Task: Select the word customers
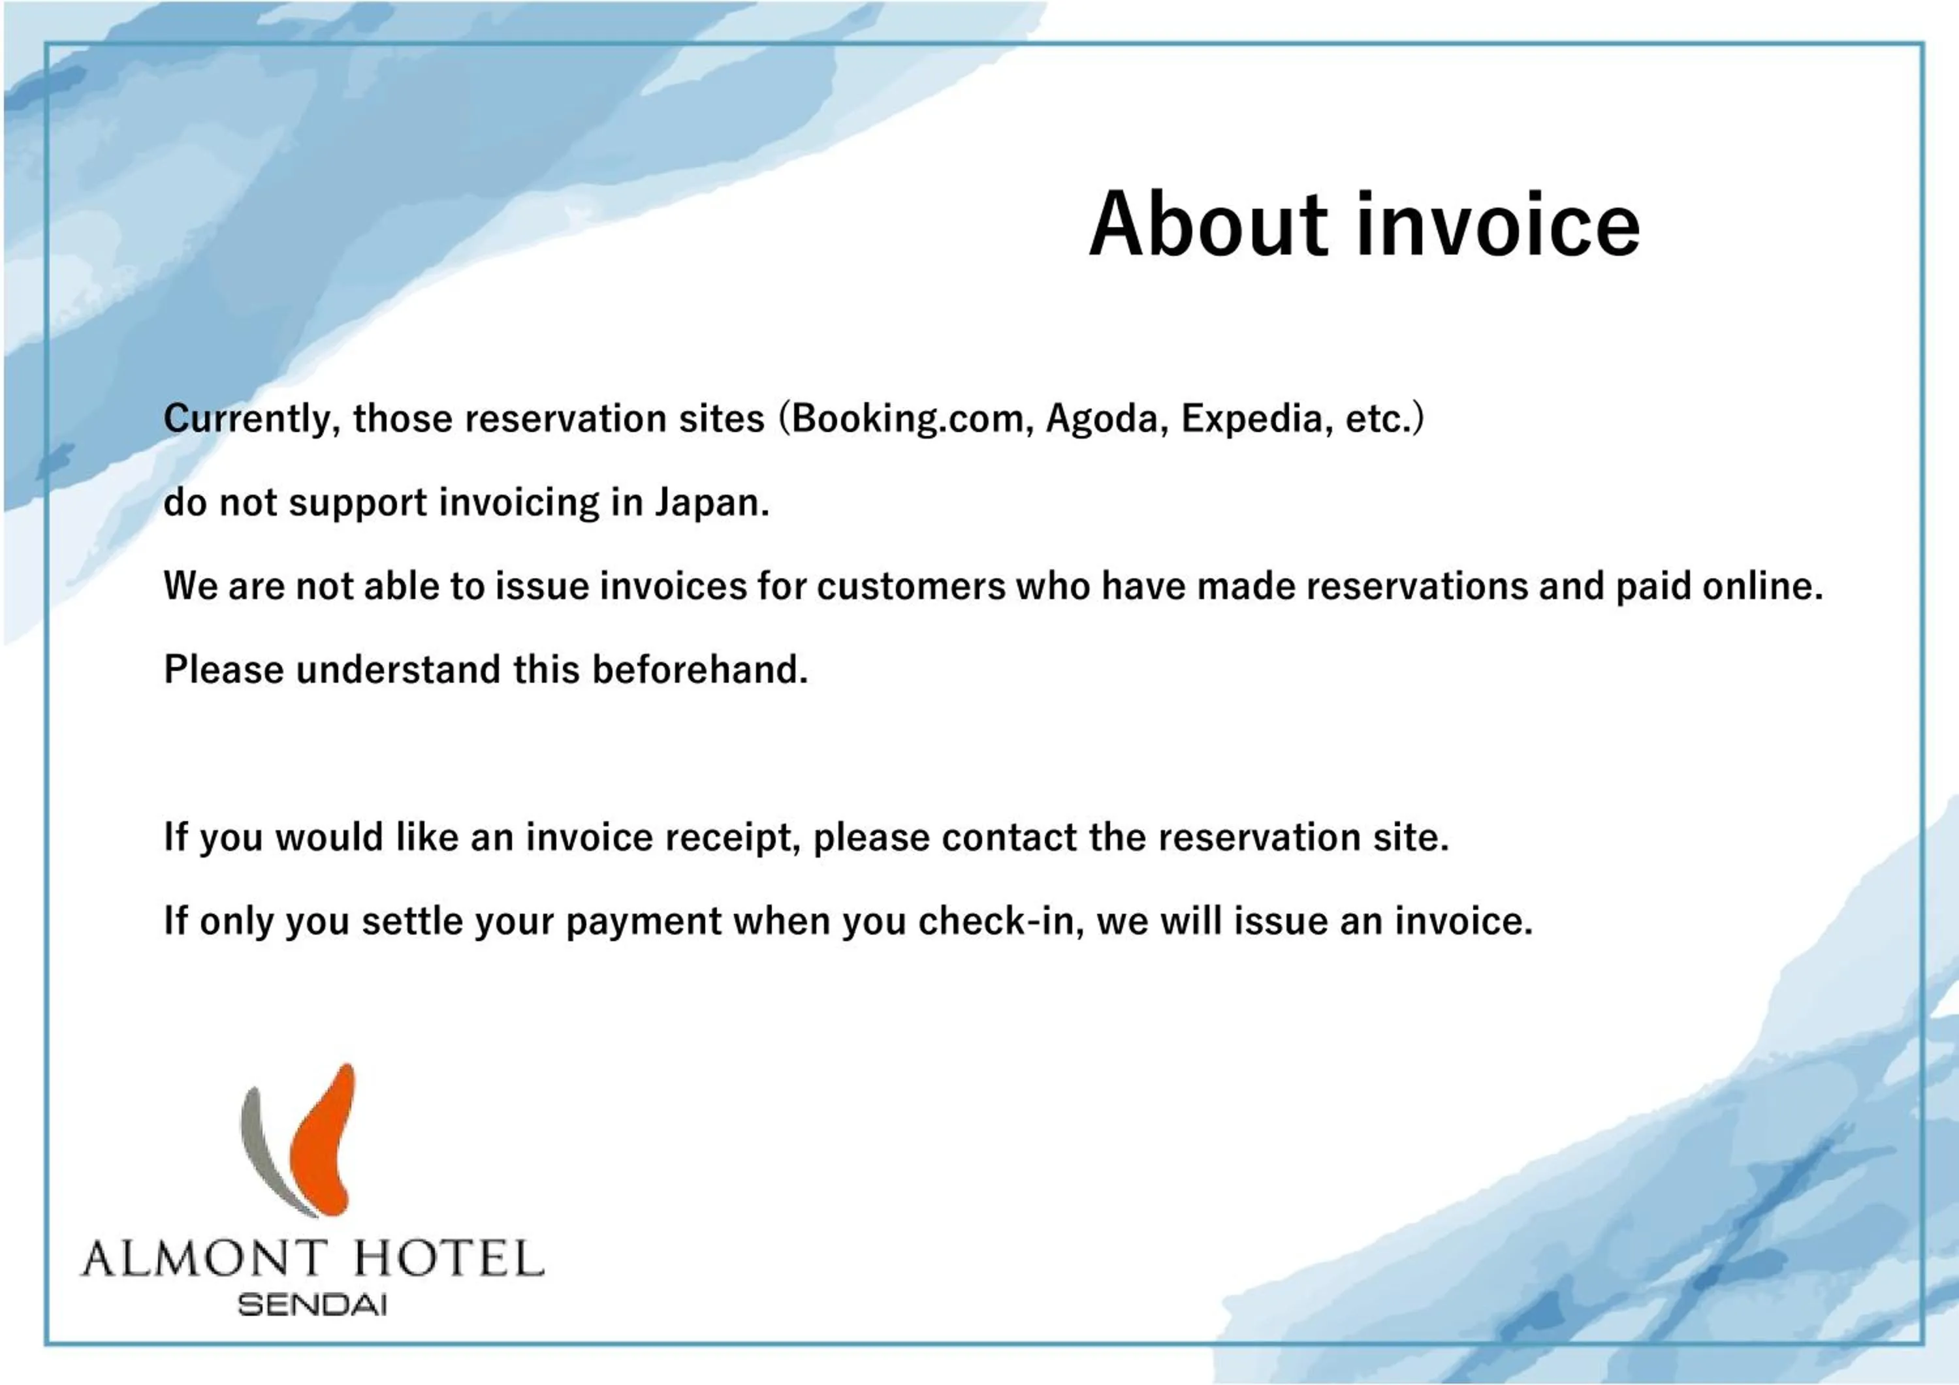tap(911, 587)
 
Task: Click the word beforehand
tap(699, 670)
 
